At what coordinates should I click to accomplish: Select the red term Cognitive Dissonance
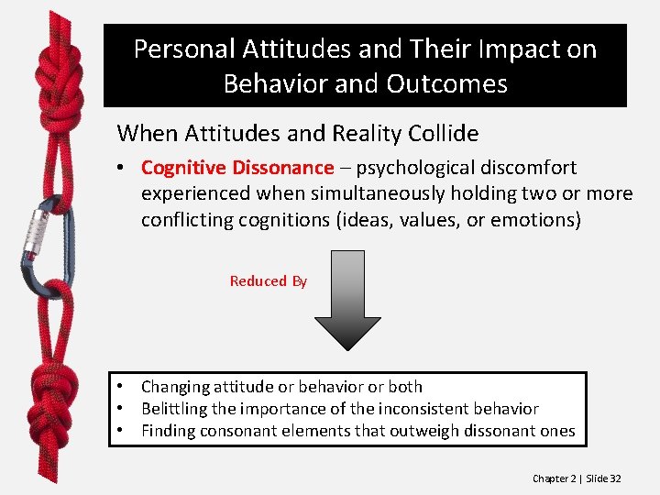click(x=237, y=168)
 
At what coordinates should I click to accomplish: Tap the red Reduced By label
click(x=268, y=281)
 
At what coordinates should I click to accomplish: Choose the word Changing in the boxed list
click(x=176, y=387)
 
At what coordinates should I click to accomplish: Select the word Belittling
click(x=178, y=409)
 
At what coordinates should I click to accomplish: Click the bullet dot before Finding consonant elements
click(x=120, y=431)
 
